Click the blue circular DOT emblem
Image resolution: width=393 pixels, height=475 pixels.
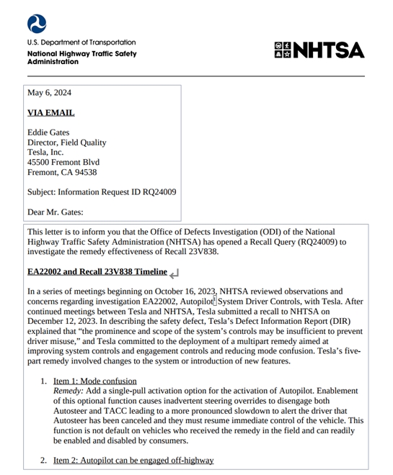(x=37, y=24)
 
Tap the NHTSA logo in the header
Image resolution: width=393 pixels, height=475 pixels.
(x=319, y=50)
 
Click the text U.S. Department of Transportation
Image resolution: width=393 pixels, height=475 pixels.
(x=81, y=42)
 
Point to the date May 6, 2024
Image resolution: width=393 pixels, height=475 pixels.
(x=49, y=93)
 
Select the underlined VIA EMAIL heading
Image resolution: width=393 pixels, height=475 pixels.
(x=50, y=113)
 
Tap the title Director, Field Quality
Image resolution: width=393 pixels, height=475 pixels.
(x=66, y=142)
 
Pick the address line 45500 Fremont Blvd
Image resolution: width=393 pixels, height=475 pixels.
(x=63, y=163)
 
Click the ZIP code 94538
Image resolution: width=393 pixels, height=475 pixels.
(x=84, y=173)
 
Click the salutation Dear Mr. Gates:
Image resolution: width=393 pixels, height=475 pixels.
(x=56, y=212)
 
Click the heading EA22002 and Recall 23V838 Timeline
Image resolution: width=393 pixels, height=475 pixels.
(x=97, y=272)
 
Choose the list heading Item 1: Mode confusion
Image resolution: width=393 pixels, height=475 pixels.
(x=94, y=381)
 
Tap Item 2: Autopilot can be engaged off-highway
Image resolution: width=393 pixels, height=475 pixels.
(x=133, y=460)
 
